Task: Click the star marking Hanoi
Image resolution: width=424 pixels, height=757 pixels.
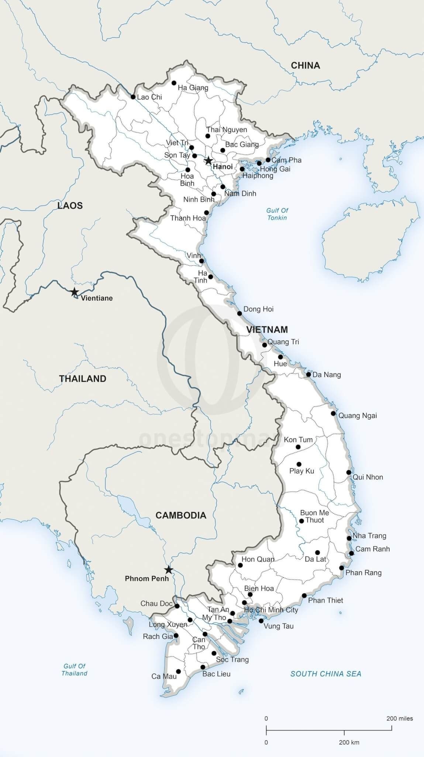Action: click(208, 160)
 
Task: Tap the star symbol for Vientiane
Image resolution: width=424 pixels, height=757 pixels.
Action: click(75, 292)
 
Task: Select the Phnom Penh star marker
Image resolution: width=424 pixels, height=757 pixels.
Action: click(169, 570)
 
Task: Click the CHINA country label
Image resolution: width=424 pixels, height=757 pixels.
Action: click(305, 65)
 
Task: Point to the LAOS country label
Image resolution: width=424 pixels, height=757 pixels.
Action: click(70, 206)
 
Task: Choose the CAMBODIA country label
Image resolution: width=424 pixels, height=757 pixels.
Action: click(180, 515)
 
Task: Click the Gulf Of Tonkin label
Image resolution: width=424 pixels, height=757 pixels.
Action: click(277, 214)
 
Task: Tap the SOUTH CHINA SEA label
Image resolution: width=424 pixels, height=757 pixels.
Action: click(325, 674)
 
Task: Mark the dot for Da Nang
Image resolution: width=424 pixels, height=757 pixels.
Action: click(308, 374)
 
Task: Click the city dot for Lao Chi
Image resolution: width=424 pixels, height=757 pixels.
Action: click(133, 97)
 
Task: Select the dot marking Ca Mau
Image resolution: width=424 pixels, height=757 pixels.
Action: click(179, 672)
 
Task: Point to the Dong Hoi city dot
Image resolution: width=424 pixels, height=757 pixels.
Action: click(239, 313)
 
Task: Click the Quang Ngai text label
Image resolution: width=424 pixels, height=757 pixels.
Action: click(358, 415)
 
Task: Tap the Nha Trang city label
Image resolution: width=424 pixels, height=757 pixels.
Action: click(369, 536)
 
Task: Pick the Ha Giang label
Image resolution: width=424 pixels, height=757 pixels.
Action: click(193, 88)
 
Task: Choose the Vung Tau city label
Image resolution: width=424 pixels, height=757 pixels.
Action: click(279, 626)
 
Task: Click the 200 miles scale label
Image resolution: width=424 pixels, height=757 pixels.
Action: click(399, 719)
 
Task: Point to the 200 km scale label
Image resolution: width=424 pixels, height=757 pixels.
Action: click(349, 742)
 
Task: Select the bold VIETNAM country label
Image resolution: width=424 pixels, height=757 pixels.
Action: click(267, 329)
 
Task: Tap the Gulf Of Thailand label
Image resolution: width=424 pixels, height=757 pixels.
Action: click(75, 669)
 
